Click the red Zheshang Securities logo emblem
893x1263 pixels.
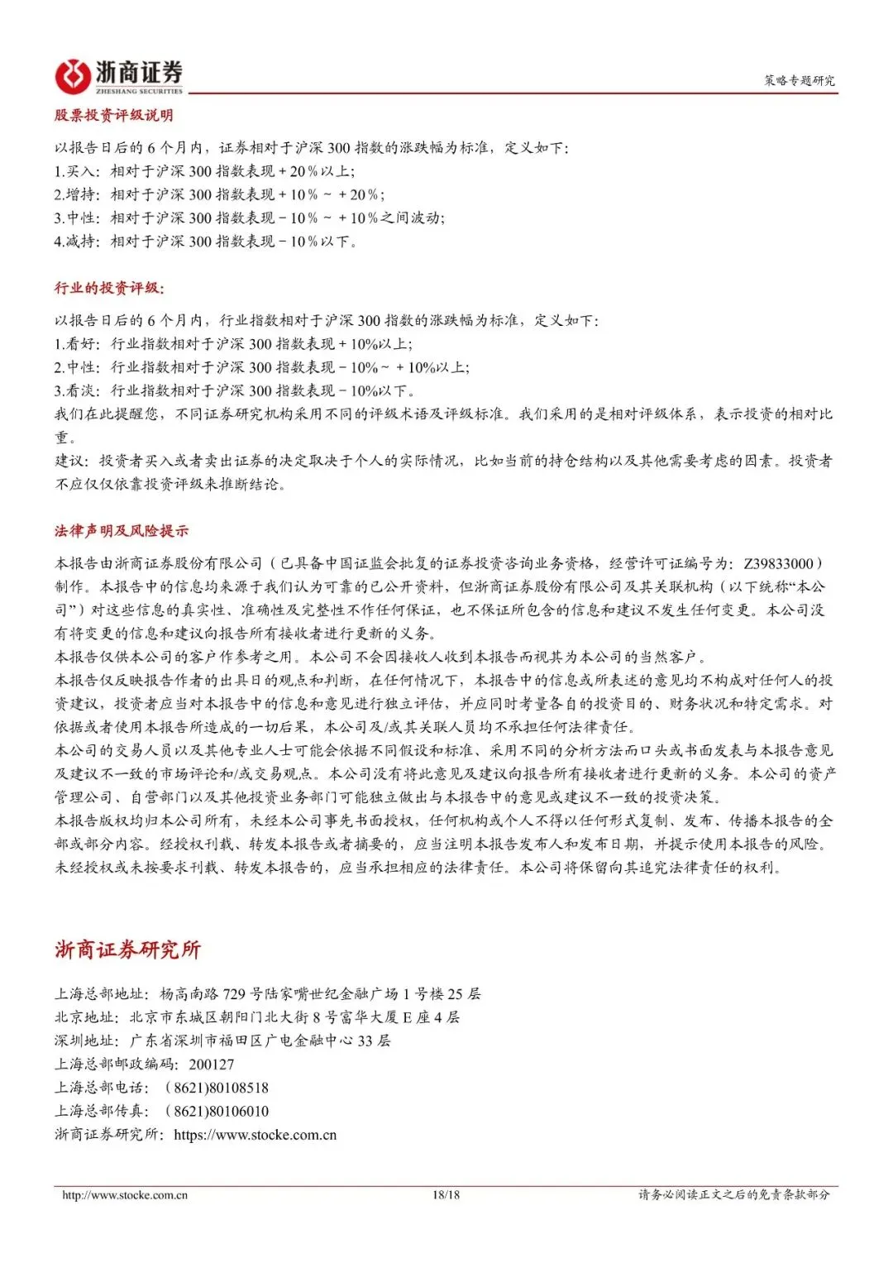(72, 76)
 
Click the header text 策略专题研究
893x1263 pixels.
(799, 80)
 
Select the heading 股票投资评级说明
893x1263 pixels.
(114, 115)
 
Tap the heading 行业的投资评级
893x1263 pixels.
(109, 288)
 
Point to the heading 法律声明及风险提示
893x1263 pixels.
(122, 531)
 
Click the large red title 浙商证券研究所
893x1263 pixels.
(127, 950)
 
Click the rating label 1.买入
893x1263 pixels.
(76, 171)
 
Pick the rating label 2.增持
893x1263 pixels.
(76, 194)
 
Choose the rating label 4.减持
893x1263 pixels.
(76, 242)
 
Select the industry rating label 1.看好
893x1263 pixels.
(76, 344)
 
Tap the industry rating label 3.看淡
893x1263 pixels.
(76, 390)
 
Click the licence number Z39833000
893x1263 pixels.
(778, 563)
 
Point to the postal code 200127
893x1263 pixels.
(212, 1064)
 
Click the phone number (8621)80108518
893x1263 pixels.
(217, 1088)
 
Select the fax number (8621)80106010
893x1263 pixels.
(217, 1111)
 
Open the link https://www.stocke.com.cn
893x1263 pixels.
(255, 1135)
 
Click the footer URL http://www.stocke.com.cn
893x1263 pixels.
(125, 1195)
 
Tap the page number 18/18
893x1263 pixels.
(446, 1195)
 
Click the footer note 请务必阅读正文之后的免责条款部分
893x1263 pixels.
(733, 1195)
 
